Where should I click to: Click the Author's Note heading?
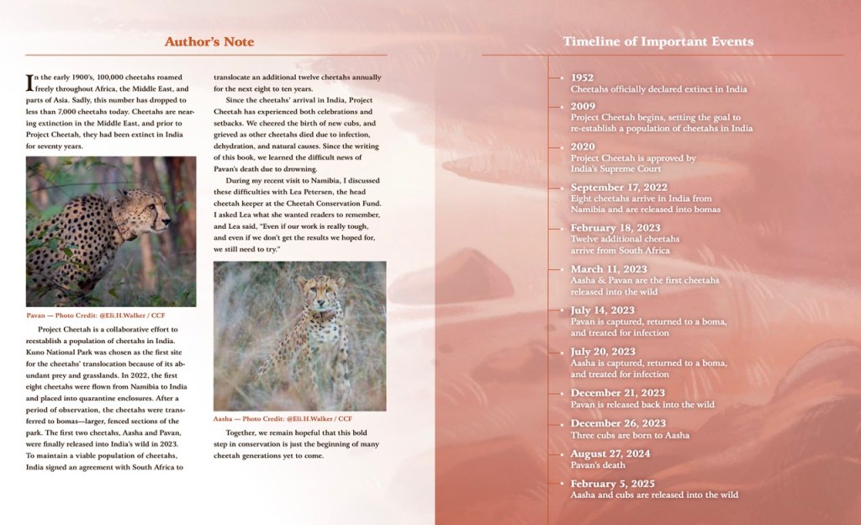(209, 41)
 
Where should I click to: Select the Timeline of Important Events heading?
(658, 41)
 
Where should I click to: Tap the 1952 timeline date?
(583, 77)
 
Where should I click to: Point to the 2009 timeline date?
(584, 106)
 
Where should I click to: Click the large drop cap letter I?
(31, 82)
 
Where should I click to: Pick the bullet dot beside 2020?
(562, 146)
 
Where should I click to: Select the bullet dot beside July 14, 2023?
(562, 310)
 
